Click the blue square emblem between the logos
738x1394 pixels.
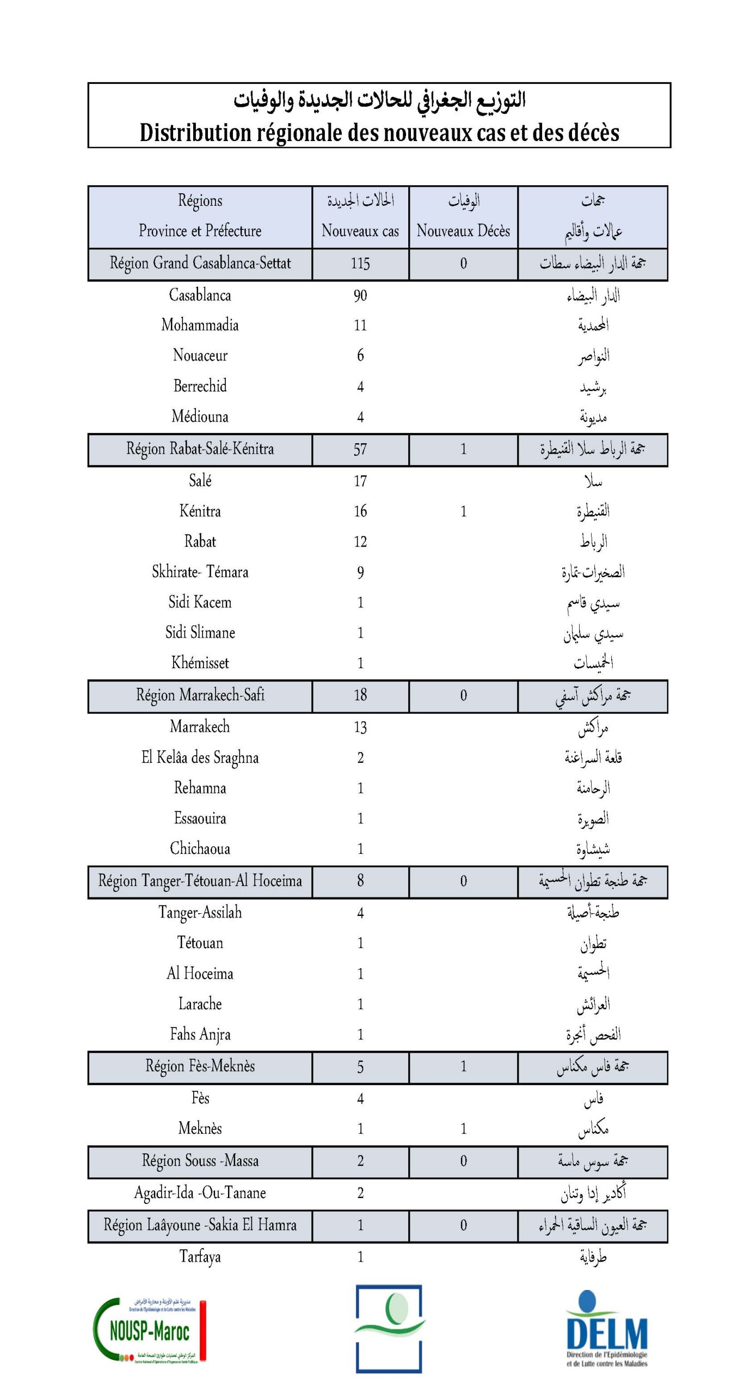coord(389,1329)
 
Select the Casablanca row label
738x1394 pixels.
coord(200,295)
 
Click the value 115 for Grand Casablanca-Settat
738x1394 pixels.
coord(360,264)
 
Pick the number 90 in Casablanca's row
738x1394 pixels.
coord(360,296)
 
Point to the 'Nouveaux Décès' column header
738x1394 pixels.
coord(463,231)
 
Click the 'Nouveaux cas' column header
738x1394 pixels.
coord(360,231)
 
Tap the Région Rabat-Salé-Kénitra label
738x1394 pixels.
coord(200,449)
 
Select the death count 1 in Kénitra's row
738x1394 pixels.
coord(463,511)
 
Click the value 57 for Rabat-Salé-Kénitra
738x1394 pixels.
coord(360,450)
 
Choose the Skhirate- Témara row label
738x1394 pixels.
coord(200,572)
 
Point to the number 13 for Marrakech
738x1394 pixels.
coord(360,727)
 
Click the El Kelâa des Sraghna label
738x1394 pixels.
coord(200,757)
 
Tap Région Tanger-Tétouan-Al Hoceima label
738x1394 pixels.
coord(200,881)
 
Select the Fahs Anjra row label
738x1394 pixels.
coord(200,1034)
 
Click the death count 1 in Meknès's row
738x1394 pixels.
coord(463,1129)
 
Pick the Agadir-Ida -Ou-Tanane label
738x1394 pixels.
coord(200,1193)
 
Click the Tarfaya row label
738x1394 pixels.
coord(200,1257)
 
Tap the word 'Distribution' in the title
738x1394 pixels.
coord(196,132)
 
